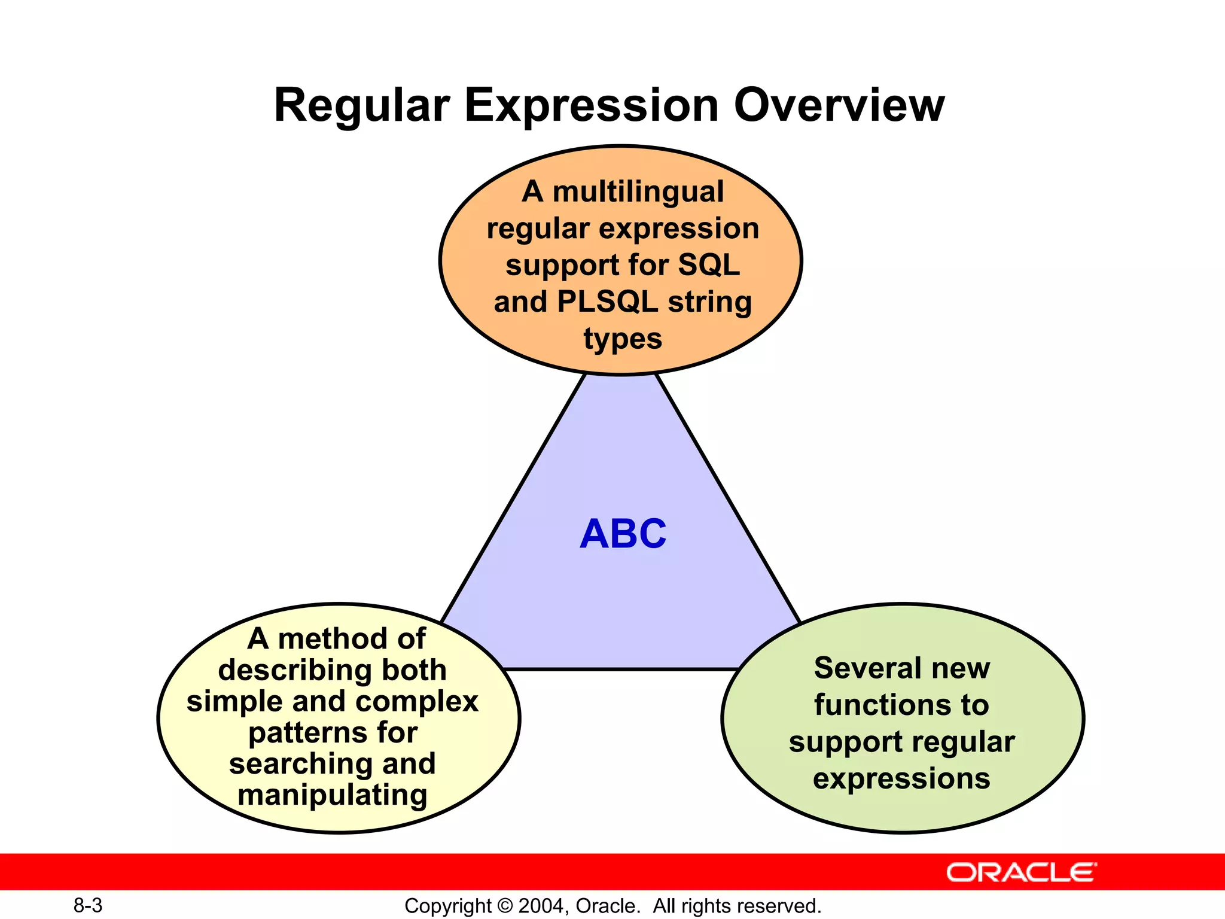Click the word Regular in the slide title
(x=361, y=105)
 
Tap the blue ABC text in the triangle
(x=623, y=534)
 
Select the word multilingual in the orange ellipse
(x=638, y=192)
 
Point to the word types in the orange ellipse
(x=623, y=339)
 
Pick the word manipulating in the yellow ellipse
(x=333, y=795)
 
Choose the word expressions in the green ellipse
(x=901, y=779)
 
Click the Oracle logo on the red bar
(x=1021, y=872)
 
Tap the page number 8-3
(x=88, y=906)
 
